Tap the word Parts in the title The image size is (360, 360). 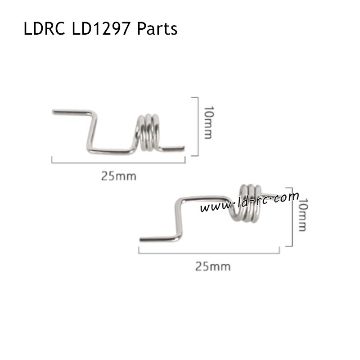click(x=157, y=29)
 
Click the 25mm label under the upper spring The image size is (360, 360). click(x=118, y=176)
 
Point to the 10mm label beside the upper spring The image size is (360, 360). click(x=208, y=122)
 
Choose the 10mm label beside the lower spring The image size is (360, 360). click(x=302, y=215)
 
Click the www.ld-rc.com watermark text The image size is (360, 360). click(x=250, y=203)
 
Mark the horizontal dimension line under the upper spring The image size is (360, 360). click(x=118, y=162)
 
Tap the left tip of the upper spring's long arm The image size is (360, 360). click(x=54, y=112)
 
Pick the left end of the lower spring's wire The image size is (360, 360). click(x=142, y=239)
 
